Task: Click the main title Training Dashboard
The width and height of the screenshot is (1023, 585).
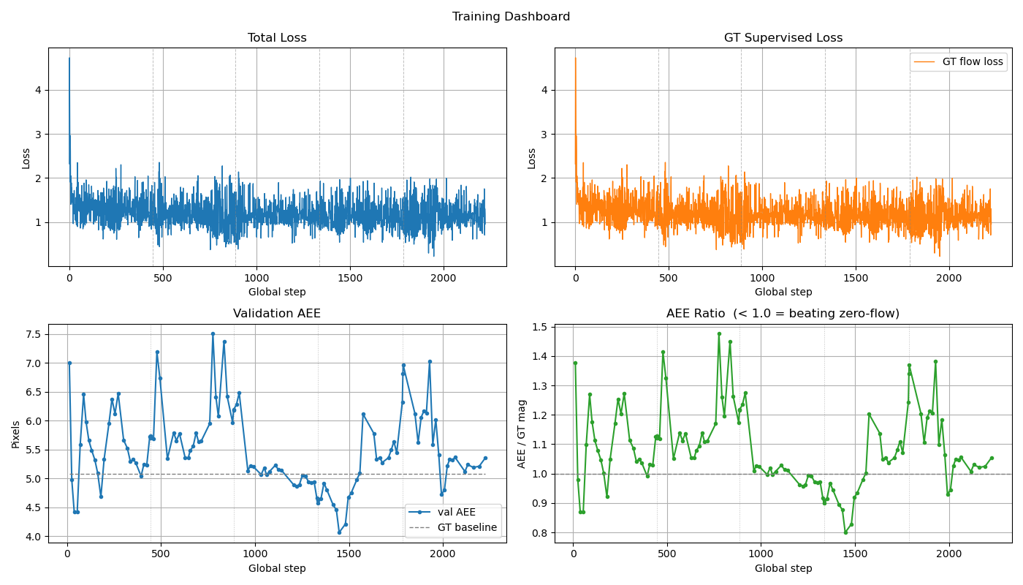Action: pyautogui.click(x=511, y=17)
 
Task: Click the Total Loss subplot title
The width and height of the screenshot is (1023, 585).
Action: pyautogui.click(x=277, y=38)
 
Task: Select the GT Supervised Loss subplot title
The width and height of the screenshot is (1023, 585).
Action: pyautogui.click(x=783, y=38)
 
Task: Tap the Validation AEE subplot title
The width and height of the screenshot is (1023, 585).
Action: pyautogui.click(x=277, y=314)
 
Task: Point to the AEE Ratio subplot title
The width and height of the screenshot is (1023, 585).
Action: pyautogui.click(x=783, y=314)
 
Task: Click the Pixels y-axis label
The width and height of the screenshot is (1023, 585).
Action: pyautogui.click(x=16, y=434)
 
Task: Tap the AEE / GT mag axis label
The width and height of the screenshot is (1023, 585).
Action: pyautogui.click(x=522, y=434)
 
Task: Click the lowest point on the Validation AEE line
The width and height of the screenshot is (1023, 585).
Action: pyautogui.click(x=339, y=532)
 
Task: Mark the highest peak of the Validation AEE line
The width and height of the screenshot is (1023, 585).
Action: pyautogui.click(x=213, y=333)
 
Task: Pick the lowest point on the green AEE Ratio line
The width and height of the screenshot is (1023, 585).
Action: pyautogui.click(x=845, y=532)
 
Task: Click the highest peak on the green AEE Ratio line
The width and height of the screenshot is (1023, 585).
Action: pyautogui.click(x=719, y=333)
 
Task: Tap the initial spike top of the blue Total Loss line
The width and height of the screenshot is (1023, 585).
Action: pyautogui.click(x=69, y=58)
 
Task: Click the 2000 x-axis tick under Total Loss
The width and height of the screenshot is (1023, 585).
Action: pyautogui.click(x=444, y=279)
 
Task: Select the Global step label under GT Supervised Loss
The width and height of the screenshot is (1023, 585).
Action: pyautogui.click(x=783, y=292)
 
